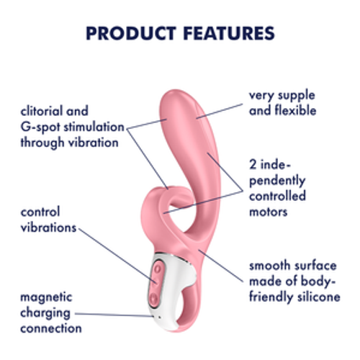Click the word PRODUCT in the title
pyautogui.click(x=131, y=33)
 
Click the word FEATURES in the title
pyautogui.click(x=229, y=33)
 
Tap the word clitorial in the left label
pyautogui.click(x=41, y=111)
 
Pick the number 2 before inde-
pyautogui.click(x=253, y=165)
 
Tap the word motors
pyautogui.click(x=269, y=212)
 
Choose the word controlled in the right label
pyautogui.click(x=277, y=196)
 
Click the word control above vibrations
pyautogui.click(x=40, y=212)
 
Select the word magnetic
pyautogui.click(x=46, y=297)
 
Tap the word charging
pyautogui.click(x=45, y=313)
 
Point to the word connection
pyautogui.click(x=51, y=328)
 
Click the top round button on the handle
pyautogui.click(x=158, y=269)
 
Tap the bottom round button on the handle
pyautogui.click(x=154, y=299)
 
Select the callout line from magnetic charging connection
pyautogui.click(x=114, y=315)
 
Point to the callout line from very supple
pyautogui.click(x=220, y=111)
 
